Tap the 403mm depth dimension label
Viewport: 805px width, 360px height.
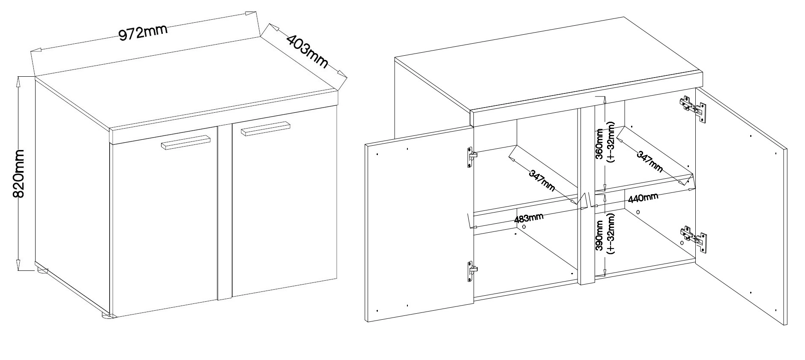point(307,51)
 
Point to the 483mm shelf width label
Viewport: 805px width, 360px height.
point(528,218)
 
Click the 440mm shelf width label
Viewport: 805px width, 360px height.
point(643,198)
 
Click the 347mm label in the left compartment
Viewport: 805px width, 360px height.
point(542,180)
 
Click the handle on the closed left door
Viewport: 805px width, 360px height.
point(186,143)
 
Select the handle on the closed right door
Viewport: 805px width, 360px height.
point(266,129)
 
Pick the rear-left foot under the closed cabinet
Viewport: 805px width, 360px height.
point(42,270)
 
